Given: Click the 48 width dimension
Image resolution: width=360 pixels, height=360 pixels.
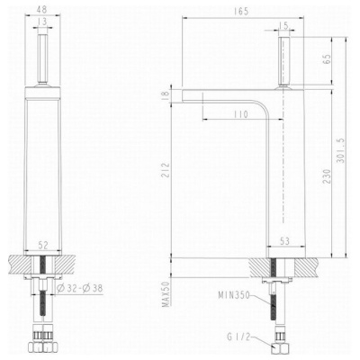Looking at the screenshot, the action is coord(41,9).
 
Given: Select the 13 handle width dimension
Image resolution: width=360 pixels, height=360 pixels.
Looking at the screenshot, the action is coord(42,22).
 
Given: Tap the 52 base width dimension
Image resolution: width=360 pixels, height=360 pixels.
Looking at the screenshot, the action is coord(43,246).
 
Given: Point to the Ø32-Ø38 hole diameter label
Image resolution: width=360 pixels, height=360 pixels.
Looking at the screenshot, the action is coord(79,288).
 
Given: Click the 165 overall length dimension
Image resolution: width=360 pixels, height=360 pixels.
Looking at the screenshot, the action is coord(242,12).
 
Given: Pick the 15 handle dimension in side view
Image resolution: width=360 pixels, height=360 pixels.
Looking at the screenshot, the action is coord(283,26).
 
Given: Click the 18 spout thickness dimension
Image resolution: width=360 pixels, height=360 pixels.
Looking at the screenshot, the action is coord(166,96).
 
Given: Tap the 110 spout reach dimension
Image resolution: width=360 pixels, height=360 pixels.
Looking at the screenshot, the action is coord(240,114).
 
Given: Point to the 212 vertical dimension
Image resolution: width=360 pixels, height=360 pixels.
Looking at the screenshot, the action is coord(166,170).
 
